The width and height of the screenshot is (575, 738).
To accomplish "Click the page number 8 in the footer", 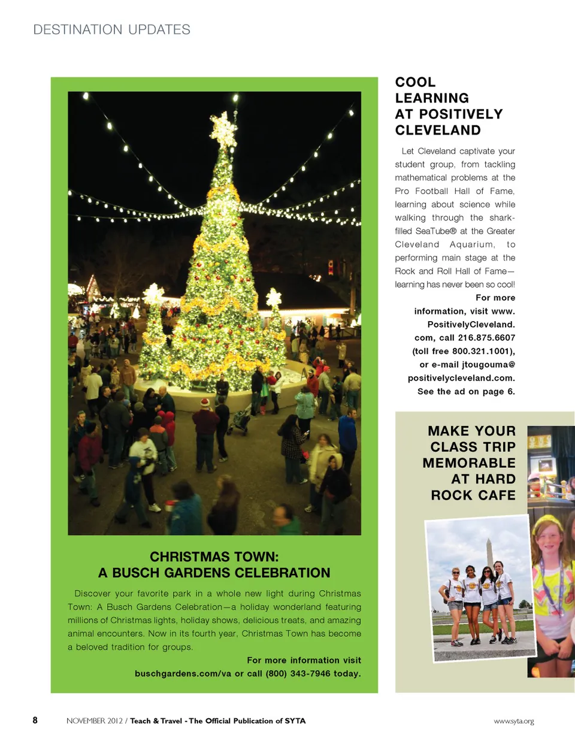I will [x=35, y=721].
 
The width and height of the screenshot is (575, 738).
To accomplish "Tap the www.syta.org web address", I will [x=513, y=721].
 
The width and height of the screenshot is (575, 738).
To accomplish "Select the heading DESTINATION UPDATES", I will [x=112, y=29].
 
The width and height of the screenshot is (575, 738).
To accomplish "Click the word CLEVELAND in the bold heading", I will [x=438, y=130].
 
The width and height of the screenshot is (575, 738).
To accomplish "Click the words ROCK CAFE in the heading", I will [x=473, y=495].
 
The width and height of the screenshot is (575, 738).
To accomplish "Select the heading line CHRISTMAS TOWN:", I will [x=214, y=556].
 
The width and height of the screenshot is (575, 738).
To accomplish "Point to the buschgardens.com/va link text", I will [x=183, y=673].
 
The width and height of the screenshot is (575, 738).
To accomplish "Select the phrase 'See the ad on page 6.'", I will [x=466, y=391].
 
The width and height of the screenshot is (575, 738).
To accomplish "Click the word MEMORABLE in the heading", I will [x=468, y=463].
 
